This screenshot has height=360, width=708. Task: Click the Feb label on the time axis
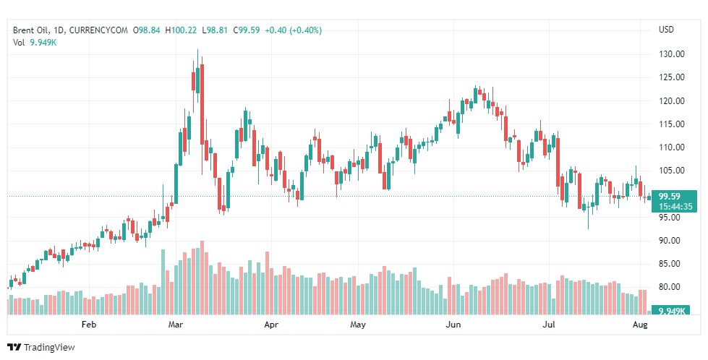pyautogui.click(x=89, y=325)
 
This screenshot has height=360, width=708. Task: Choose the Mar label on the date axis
pyautogui.click(x=176, y=325)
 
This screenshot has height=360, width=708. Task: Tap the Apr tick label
pyautogui.click(x=271, y=325)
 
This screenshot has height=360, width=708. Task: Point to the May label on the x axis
pyautogui.click(x=358, y=325)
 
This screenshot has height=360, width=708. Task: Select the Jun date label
pyautogui.click(x=453, y=325)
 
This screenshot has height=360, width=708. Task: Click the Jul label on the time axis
pyautogui.click(x=549, y=325)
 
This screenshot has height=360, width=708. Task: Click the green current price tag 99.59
pyautogui.click(x=670, y=196)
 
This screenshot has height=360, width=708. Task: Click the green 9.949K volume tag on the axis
pyautogui.click(x=670, y=311)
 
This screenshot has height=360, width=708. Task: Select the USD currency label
pyautogui.click(x=666, y=30)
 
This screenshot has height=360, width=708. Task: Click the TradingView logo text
pyautogui.click(x=49, y=347)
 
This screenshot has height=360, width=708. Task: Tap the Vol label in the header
pyautogui.click(x=19, y=42)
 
